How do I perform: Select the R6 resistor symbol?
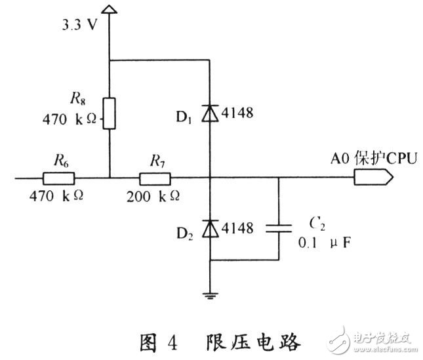[58, 177]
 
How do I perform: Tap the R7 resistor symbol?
[155, 177]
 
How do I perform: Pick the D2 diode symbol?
[210, 228]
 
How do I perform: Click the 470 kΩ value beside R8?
[71, 120]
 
